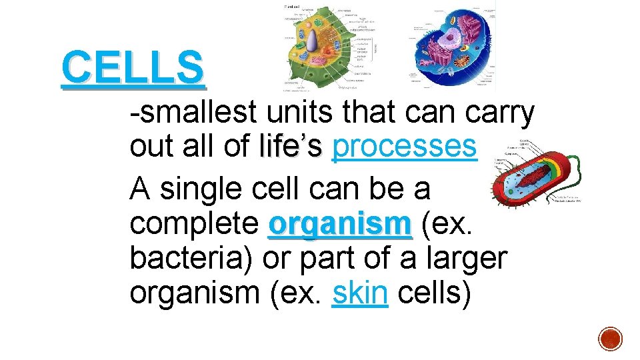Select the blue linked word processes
click(x=404, y=147)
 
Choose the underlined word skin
click(x=359, y=293)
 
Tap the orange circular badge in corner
click(x=609, y=338)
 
